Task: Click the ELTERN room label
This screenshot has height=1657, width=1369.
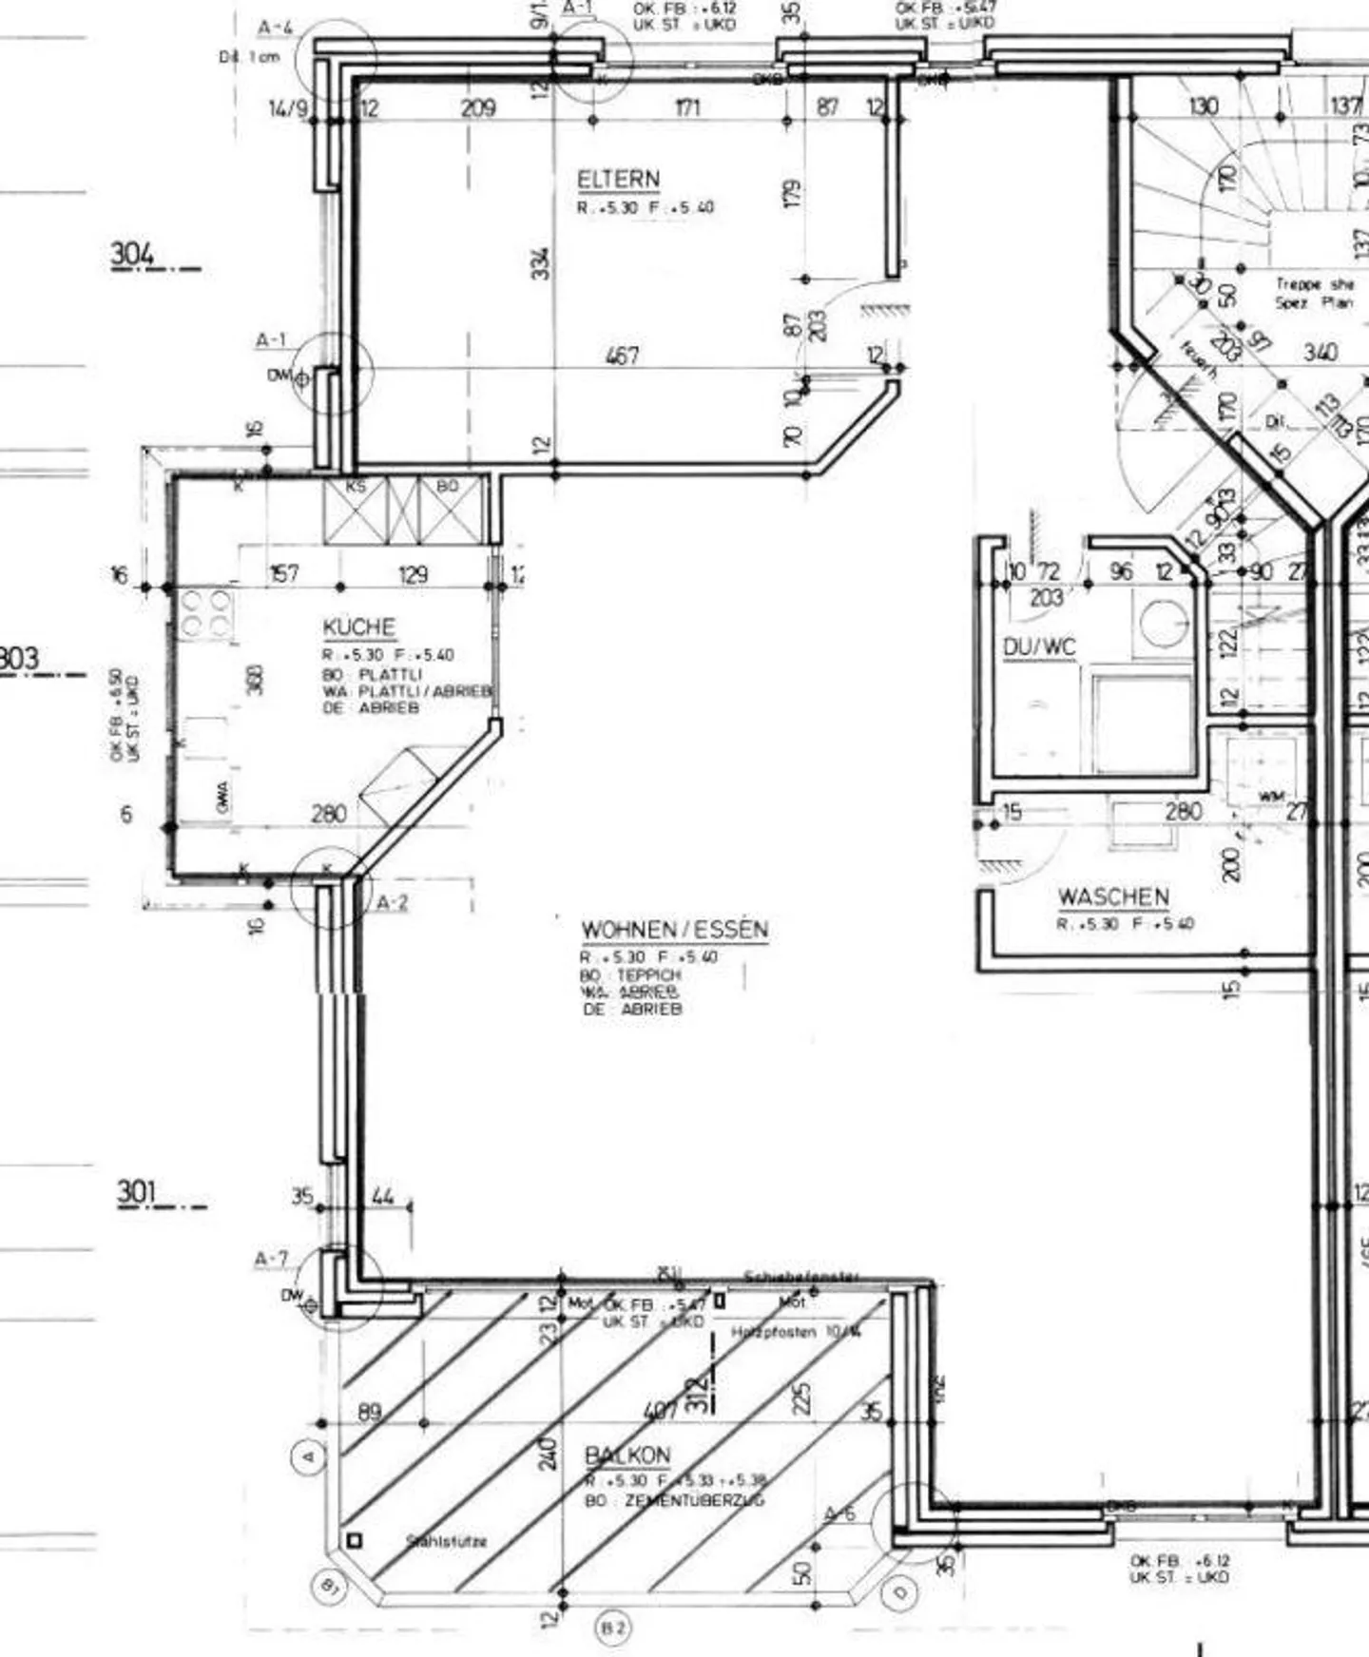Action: coord(618,179)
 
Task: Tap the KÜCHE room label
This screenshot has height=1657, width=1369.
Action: coord(358,627)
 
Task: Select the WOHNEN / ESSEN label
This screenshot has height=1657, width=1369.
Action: coord(674,929)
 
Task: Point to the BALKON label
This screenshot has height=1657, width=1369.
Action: coord(627,1455)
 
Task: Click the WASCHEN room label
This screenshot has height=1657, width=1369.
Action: coord(1113,896)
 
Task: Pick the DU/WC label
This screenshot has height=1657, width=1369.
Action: coord(1039,647)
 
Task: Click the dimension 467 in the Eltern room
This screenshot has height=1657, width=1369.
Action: coord(622,356)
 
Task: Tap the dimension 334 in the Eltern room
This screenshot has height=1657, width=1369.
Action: coord(540,263)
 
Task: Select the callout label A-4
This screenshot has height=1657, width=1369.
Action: coord(275,29)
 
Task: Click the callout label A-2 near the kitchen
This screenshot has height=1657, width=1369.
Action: coord(391,902)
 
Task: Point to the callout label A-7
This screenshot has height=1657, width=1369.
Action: coord(270,1259)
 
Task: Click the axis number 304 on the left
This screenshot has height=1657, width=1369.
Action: coord(132,255)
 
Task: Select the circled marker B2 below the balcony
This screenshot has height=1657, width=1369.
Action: coord(613,1629)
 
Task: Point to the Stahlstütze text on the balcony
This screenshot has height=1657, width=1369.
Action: coord(447,1541)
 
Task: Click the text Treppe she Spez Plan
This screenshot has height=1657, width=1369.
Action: coord(1314,293)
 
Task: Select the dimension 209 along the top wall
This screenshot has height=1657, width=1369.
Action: coord(477,107)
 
